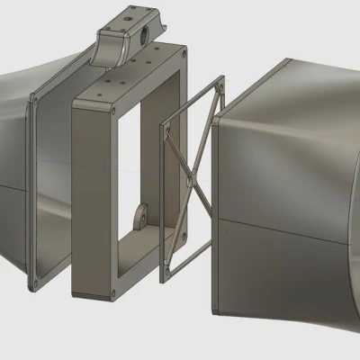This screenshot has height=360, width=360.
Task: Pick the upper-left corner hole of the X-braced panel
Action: click(x=165, y=127)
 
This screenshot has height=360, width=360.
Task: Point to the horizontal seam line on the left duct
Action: click(x=13, y=187)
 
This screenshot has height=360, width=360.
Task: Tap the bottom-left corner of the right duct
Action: click(x=217, y=310)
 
